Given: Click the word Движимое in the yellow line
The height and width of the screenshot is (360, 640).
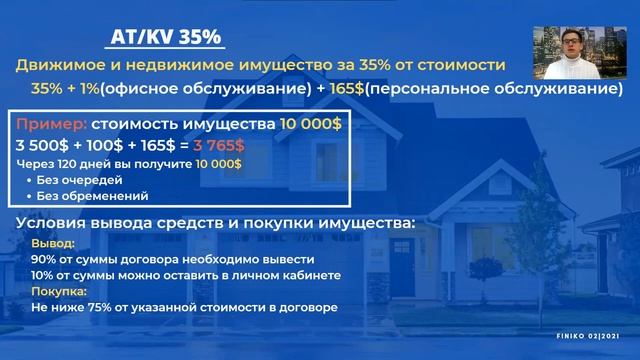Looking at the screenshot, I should click(x=57, y=65).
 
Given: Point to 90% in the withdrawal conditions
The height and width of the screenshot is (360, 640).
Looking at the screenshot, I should click(x=45, y=258).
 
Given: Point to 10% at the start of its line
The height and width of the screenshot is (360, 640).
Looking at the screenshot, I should click(x=45, y=274).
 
